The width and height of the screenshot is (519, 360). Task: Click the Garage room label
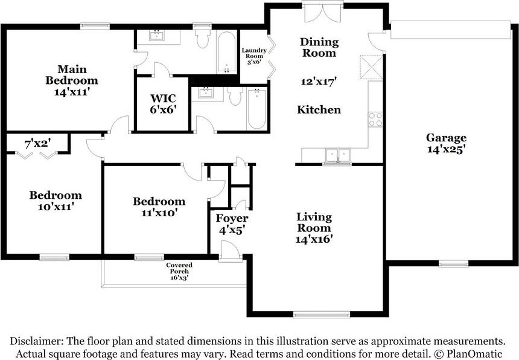click(x=446, y=138)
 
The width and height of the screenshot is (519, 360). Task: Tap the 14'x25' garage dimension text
click(x=447, y=149)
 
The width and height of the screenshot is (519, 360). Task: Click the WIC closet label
click(x=163, y=98)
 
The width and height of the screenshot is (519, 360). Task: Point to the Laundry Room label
click(x=254, y=53)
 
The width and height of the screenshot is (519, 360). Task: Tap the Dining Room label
click(x=319, y=47)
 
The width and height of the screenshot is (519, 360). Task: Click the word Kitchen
click(x=319, y=109)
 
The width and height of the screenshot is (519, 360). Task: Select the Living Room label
click(x=314, y=222)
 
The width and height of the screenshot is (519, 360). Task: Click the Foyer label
click(x=232, y=218)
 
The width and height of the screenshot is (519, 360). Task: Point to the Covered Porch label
click(x=179, y=268)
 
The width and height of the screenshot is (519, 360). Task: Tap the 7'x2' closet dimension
click(x=38, y=144)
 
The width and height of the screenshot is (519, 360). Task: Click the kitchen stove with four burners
click(x=375, y=119)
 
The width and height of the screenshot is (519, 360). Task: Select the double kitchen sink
click(x=337, y=155)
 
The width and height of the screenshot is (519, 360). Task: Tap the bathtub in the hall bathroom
click(x=256, y=108)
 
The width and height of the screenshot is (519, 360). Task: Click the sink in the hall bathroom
click(x=206, y=92)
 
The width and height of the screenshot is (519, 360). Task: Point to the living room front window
click(x=322, y=314)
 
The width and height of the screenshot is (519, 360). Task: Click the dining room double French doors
click(x=323, y=13)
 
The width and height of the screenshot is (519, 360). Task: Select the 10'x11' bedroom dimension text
click(x=56, y=207)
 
